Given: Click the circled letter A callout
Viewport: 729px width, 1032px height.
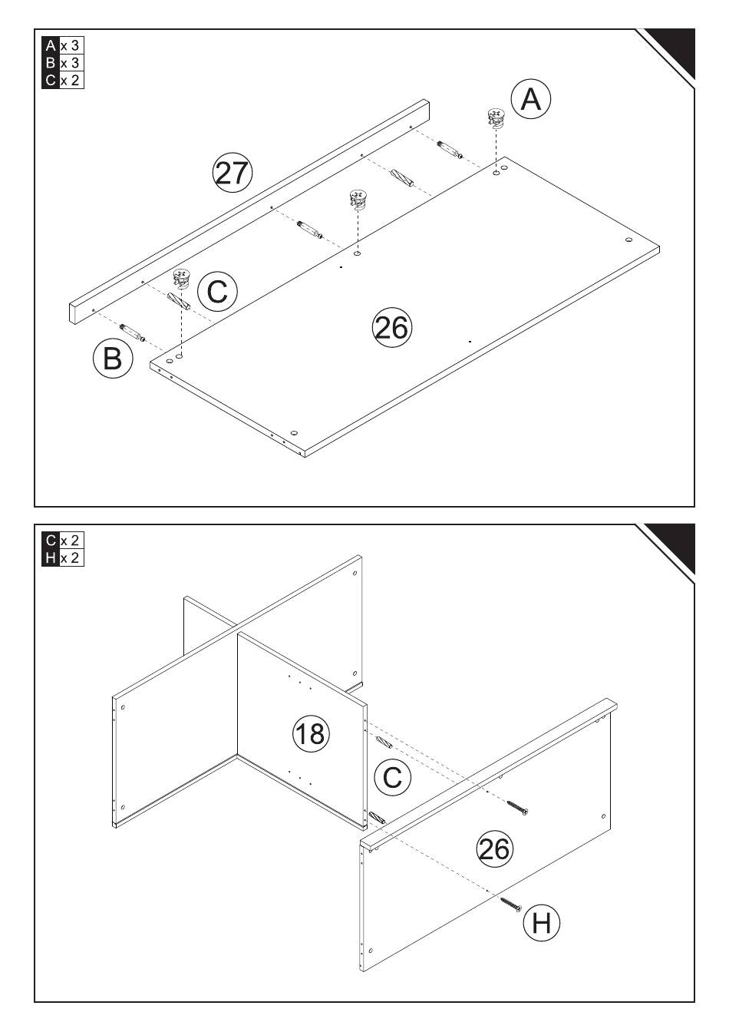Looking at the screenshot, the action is pyautogui.click(x=530, y=99).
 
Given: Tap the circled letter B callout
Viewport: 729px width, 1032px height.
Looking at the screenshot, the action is pyautogui.click(x=112, y=359).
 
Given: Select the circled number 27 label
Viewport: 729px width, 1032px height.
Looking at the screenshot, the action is pyautogui.click(x=232, y=174).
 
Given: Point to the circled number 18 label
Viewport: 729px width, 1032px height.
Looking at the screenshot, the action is pyautogui.click(x=312, y=733).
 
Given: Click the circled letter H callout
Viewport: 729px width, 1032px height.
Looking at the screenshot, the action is pyautogui.click(x=542, y=923).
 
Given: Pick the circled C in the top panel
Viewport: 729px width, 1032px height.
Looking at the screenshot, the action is pyautogui.click(x=217, y=291).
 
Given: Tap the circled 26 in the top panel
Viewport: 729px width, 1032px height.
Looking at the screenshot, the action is pyautogui.click(x=392, y=328).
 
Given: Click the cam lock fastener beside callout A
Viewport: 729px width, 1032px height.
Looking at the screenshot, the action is pyautogui.click(x=496, y=119).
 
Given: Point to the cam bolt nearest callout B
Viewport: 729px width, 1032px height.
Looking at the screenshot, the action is pyautogui.click(x=133, y=333).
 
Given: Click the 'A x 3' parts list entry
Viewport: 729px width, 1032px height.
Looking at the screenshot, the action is pyautogui.click(x=63, y=45).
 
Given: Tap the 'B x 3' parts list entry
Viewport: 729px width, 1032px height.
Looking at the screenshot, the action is pyautogui.click(x=63, y=63).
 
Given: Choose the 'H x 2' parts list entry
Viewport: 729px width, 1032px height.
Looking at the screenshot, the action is pyautogui.click(x=63, y=558).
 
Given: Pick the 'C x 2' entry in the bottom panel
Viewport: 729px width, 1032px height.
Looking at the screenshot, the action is pyautogui.click(x=63, y=541).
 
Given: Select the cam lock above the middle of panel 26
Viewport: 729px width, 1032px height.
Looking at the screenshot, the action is pyautogui.click(x=357, y=200).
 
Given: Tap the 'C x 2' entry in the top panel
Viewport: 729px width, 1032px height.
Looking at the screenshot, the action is pyautogui.click(x=63, y=80).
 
